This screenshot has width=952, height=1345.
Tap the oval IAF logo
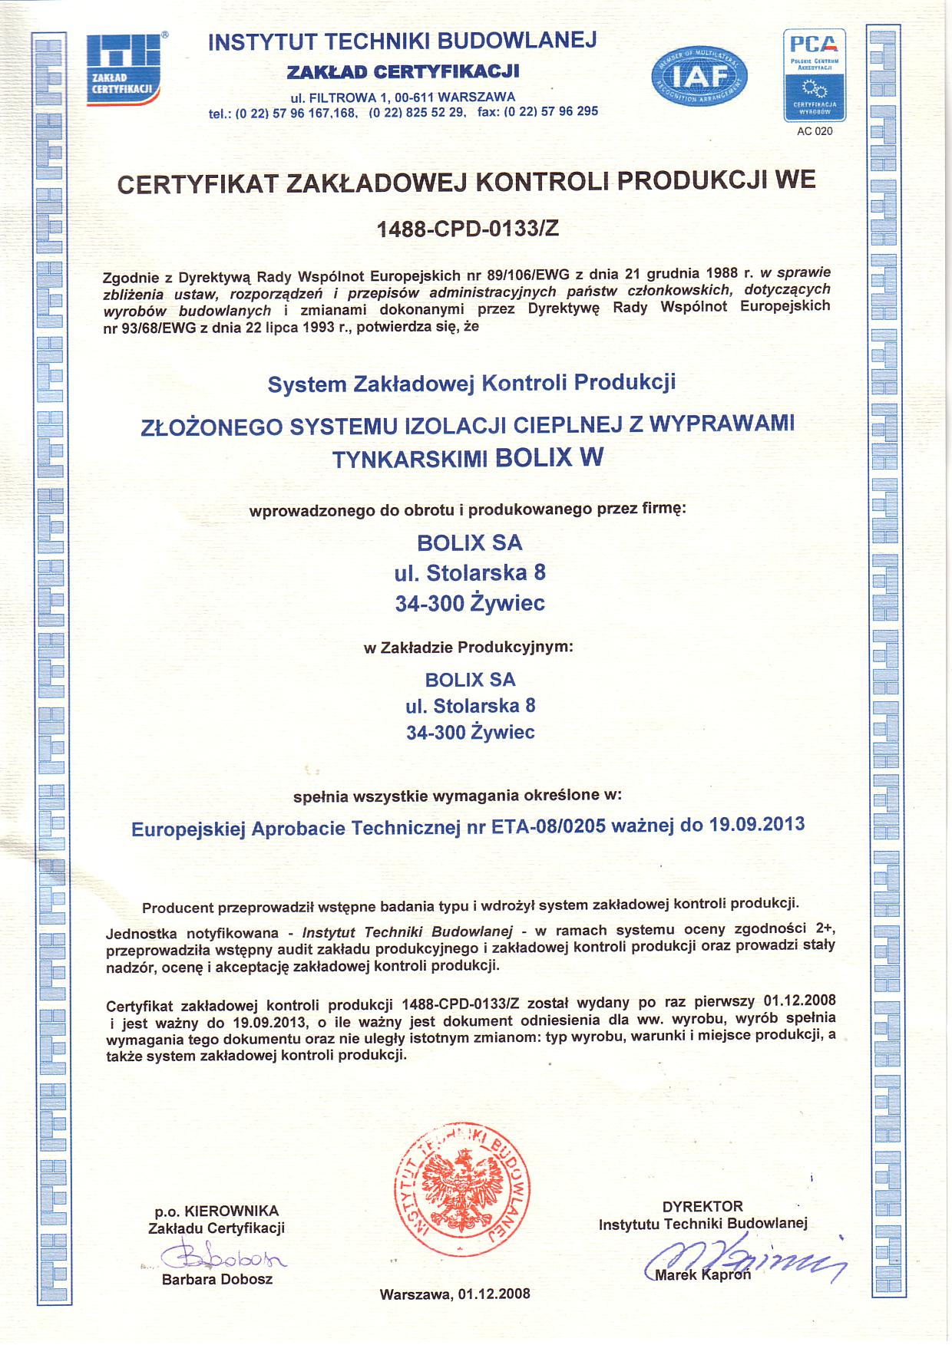tap(699, 76)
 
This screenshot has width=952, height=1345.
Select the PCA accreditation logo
tap(814, 75)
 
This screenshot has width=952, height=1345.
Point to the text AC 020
tap(815, 131)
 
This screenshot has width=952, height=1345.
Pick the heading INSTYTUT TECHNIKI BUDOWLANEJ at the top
tap(402, 41)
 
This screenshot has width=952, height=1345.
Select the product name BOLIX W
tap(549, 457)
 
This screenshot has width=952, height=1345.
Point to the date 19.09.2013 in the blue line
tap(756, 825)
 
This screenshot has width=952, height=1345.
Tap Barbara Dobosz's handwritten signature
tap(223, 1258)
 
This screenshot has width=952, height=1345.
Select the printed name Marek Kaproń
tap(702, 1274)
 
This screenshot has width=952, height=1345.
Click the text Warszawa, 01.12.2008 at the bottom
tap(455, 1294)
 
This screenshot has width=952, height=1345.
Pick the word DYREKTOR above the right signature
tap(702, 1206)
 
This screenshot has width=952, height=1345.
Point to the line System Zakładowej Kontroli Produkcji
tap(471, 383)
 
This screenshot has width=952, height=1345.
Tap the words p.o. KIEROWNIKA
tap(217, 1211)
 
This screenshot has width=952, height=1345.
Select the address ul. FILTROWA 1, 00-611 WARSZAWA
tap(402, 97)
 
